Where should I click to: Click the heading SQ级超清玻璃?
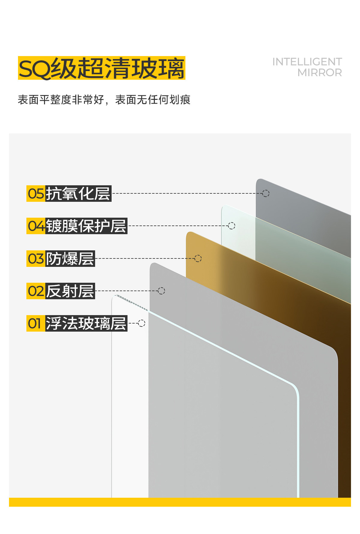tap(101, 68)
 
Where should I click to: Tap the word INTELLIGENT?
tap(307, 62)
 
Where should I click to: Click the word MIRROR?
tap(319, 73)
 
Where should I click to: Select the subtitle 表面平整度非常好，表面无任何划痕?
tap(104, 100)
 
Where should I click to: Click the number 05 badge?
tap(36, 194)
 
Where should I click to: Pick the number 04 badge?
tap(36, 226)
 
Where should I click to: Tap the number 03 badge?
tap(36, 258)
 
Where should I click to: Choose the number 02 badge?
tap(36, 291)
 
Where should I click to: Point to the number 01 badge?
tap(36, 324)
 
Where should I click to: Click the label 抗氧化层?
tap(78, 194)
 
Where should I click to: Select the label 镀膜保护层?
tap(86, 226)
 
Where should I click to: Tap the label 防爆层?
tap(70, 258)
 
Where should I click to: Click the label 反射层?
tap(70, 291)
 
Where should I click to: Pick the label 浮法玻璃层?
tap(86, 324)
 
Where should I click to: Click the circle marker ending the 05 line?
tap(266, 193)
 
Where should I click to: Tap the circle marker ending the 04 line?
tap(232, 226)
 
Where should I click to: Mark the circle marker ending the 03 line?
tap(198, 258)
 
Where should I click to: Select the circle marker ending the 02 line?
tap(161, 291)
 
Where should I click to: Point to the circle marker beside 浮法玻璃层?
tap(142, 323)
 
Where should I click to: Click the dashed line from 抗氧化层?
tap(186, 193)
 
